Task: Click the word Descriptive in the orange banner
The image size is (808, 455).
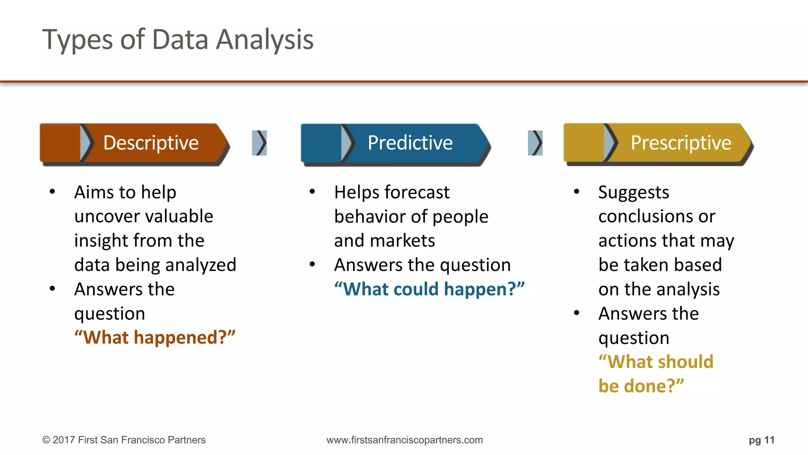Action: coord(151,143)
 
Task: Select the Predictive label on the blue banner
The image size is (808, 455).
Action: coord(410,143)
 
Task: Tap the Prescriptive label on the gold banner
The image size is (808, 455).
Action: coord(681,143)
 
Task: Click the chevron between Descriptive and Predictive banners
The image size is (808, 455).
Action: coord(260,143)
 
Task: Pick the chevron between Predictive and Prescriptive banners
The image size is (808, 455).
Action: coord(535,143)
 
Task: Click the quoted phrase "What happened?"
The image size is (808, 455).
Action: coord(155,338)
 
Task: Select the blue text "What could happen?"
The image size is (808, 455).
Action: coord(429,289)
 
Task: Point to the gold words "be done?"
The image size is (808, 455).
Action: coord(641,386)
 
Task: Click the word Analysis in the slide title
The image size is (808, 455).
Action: coord(265,40)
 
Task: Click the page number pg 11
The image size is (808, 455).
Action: coord(761,440)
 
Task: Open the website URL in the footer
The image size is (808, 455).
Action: coord(404,440)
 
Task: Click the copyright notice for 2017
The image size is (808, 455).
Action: coord(124,440)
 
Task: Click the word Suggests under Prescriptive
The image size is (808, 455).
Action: coord(634,193)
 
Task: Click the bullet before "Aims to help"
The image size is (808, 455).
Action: coord(52,192)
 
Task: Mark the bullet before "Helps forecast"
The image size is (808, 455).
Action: coord(312,192)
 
